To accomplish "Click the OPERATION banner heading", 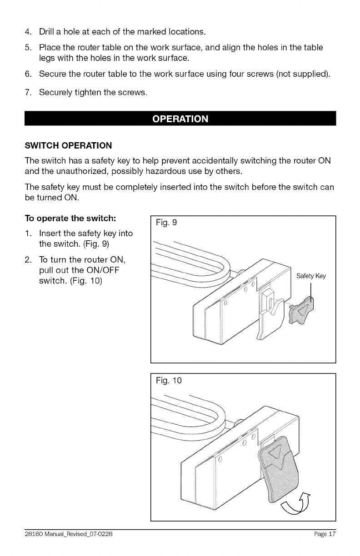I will pyautogui.click(x=180, y=119).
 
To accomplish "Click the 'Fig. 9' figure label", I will pyautogui.click(x=166, y=223).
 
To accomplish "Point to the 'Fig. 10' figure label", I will pyautogui.click(x=168, y=381).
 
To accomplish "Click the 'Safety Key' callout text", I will pyautogui.click(x=311, y=276).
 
